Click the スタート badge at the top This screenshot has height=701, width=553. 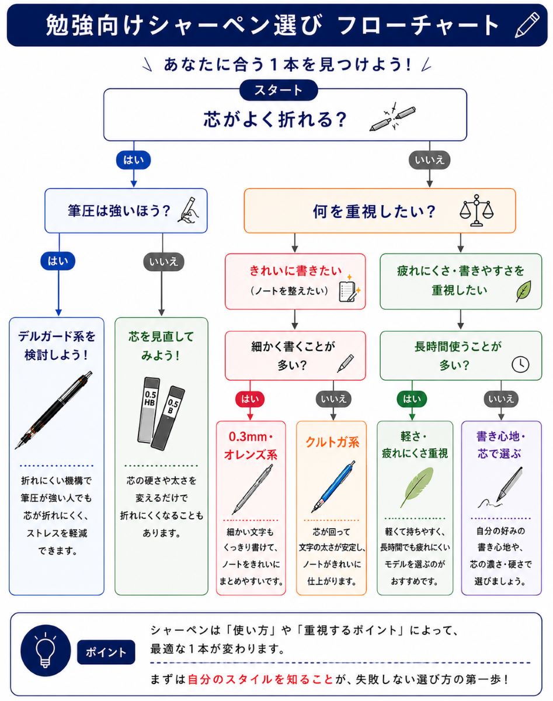click(279, 90)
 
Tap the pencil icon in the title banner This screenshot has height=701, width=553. click(527, 25)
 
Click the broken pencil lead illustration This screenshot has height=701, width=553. click(392, 117)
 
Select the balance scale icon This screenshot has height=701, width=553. click(477, 210)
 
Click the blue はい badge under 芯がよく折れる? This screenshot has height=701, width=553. click(134, 160)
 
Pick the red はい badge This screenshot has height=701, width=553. click(250, 399)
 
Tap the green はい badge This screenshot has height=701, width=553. click(412, 399)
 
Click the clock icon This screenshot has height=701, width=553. click(520, 364)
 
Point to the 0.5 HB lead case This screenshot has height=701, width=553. click(148, 410)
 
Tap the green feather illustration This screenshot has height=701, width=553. click(417, 487)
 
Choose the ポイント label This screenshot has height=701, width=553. click(106, 652)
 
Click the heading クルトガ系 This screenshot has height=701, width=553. click(332, 442)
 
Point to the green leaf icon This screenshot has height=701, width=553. click(524, 291)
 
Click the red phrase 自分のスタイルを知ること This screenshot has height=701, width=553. click(260, 679)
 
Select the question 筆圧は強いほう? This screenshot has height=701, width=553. click(119, 211)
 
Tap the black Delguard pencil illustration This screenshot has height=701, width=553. click(54, 411)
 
